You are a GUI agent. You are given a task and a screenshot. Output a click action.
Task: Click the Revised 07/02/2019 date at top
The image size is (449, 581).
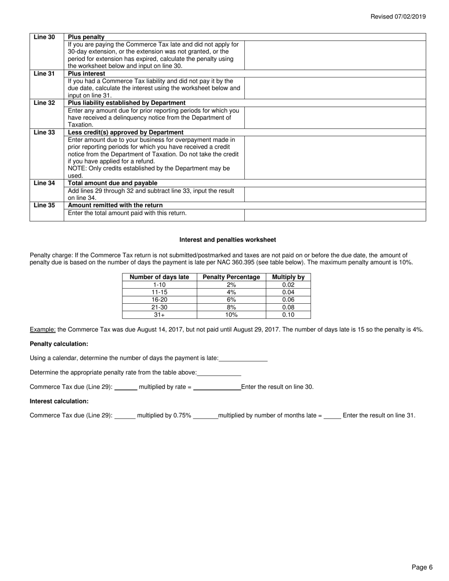tap(397, 17)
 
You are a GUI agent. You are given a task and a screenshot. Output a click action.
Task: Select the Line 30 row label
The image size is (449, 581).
tap(44, 37)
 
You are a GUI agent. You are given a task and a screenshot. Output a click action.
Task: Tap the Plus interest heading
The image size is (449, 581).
tap(86, 74)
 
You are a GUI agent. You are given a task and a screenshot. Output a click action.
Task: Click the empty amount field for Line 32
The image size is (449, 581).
tap(335, 118)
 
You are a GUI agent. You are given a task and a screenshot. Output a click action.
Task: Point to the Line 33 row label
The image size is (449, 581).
tap(44, 132)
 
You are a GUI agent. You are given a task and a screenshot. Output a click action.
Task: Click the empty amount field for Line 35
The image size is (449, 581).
tap(335, 215)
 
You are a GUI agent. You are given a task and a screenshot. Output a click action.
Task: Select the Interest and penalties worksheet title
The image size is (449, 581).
tap(228, 240)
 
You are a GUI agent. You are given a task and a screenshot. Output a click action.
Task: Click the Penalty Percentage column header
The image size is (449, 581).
tap(231, 277)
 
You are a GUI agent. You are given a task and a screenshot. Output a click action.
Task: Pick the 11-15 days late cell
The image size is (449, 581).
tap(159, 292)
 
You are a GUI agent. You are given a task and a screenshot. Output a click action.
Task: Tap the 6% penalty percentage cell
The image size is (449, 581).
tap(231, 299)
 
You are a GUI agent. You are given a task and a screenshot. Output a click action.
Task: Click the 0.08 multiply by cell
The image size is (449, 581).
tap(288, 307)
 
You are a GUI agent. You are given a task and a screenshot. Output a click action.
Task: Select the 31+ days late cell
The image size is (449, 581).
tap(159, 315)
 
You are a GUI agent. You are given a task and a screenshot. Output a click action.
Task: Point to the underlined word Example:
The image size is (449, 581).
tap(43, 330)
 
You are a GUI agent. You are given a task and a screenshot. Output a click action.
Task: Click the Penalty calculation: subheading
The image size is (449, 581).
tap(59, 344)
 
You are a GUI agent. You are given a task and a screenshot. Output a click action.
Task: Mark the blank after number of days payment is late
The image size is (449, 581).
tap(243, 359)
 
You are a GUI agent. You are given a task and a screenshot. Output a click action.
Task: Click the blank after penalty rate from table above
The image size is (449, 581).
tap(219, 373)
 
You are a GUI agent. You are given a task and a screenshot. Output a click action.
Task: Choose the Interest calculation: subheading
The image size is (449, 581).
tap(59, 401)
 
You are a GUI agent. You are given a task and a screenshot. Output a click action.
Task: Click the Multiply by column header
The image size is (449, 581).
tap(288, 277)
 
